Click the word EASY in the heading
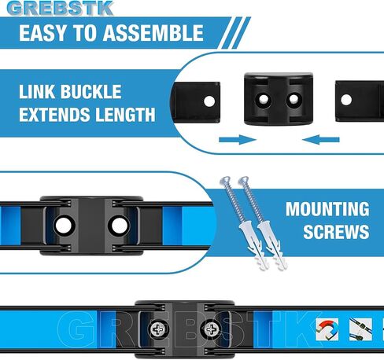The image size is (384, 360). (46, 34)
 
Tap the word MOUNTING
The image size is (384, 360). (327, 210)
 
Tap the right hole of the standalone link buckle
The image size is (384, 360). (294, 101)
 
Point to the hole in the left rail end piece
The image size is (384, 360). (209, 101)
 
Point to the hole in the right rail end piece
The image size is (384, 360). (347, 99)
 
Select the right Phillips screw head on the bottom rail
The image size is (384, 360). (211, 329)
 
